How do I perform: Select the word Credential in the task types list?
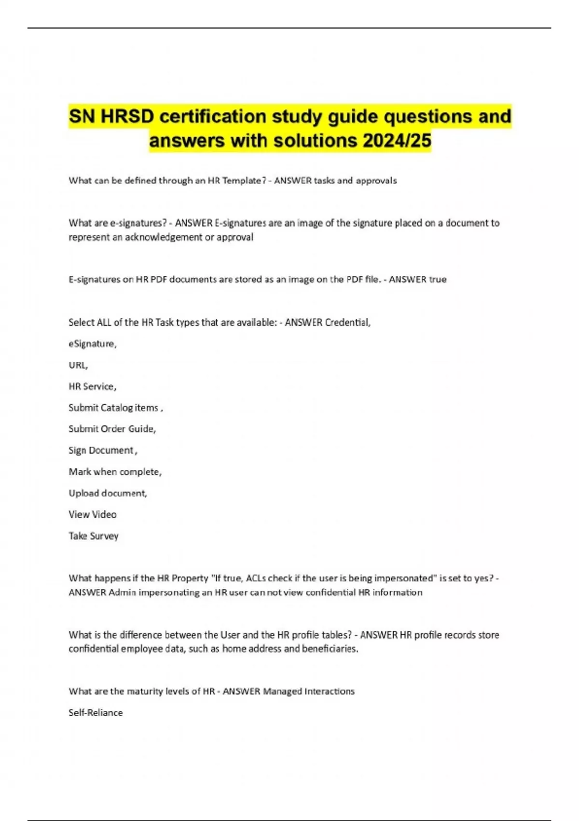347,322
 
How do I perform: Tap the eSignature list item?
92,344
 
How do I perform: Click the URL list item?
78,365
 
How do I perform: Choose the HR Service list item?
92,386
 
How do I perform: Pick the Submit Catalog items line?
115,408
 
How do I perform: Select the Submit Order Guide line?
112,429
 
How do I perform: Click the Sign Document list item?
102,450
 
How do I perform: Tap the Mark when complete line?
115,472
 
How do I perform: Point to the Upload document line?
108,493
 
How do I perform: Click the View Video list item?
92,514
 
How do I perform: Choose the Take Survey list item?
93,536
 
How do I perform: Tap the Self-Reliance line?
96,713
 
